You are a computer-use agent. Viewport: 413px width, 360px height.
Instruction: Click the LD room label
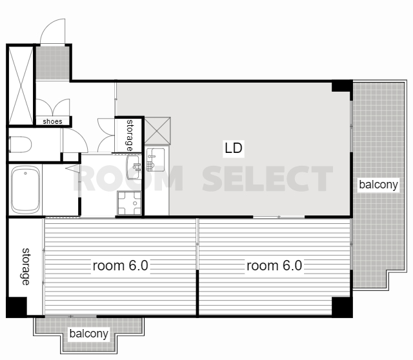[234, 148]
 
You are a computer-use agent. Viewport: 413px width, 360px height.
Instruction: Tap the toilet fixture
[20, 145]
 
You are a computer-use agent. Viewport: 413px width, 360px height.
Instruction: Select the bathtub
[26, 190]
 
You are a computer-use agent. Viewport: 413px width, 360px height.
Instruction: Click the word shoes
[52, 121]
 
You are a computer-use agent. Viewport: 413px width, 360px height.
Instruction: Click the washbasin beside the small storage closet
[134, 167]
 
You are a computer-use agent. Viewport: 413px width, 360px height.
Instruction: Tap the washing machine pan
[129, 203]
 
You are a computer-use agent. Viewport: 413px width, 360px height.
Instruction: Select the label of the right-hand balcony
[378, 185]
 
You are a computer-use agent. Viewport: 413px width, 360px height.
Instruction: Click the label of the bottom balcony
[89, 334]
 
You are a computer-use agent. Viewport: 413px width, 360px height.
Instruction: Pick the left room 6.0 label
[121, 265]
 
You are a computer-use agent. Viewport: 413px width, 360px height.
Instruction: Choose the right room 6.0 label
[274, 265]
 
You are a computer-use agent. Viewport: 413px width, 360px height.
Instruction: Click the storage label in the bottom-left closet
[26, 266]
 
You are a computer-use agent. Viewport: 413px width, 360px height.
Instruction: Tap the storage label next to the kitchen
[130, 135]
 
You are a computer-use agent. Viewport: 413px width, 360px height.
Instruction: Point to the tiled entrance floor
[53, 63]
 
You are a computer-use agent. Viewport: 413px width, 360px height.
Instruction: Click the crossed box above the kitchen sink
[157, 131]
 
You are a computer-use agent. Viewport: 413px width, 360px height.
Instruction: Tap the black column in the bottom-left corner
[16, 307]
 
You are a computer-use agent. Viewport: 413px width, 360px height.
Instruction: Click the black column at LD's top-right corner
[342, 86]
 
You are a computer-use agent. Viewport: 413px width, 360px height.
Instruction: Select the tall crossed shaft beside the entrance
[21, 85]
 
